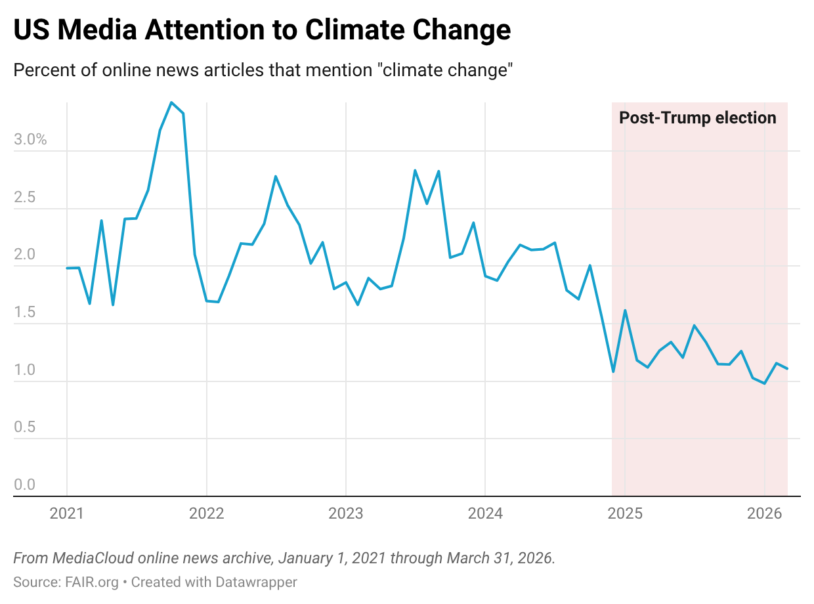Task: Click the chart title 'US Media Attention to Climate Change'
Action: (262, 30)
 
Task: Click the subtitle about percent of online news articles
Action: (262, 70)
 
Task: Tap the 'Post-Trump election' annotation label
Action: (698, 118)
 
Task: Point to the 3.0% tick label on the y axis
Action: (30, 140)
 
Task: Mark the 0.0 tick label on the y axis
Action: (25, 485)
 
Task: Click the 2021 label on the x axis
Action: (67, 513)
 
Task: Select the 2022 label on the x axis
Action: (207, 513)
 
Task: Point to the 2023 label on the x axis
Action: (346, 513)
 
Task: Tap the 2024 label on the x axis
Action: (485, 513)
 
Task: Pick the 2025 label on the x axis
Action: (625, 513)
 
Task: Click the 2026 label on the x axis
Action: (765, 513)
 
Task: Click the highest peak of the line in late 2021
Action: (171, 102)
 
